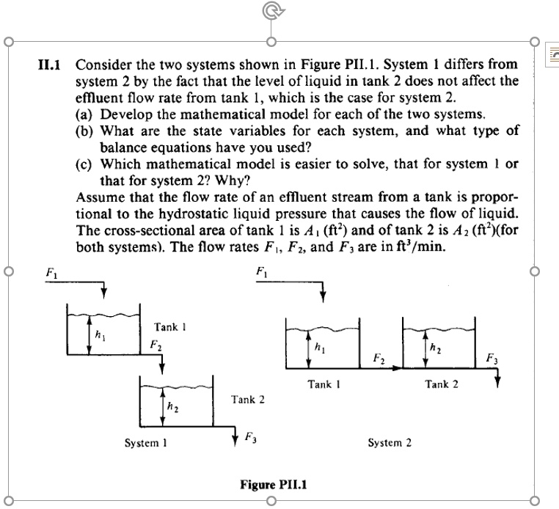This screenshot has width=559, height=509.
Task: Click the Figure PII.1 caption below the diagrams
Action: (272, 484)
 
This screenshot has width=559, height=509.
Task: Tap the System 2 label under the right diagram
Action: (389, 442)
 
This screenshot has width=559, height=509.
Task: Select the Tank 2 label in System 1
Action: (247, 400)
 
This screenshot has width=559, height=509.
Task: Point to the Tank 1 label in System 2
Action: (324, 384)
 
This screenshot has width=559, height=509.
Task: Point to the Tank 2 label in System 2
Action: (441, 384)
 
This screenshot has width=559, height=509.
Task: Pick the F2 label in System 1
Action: (155, 345)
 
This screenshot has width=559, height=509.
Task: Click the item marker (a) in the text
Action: (85, 115)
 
